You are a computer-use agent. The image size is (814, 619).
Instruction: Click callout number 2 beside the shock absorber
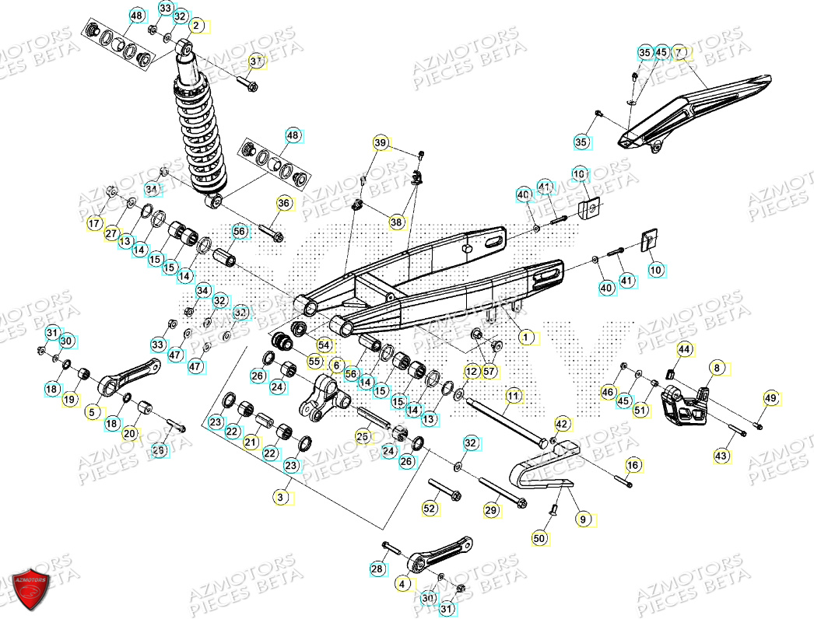point(196,26)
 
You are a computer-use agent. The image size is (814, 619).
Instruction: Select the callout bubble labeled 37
point(257,61)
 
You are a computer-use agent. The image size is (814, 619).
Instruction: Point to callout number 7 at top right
point(679,52)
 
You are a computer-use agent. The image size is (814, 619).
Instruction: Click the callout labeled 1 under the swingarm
point(527,337)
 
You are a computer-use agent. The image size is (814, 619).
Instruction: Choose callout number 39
point(380,143)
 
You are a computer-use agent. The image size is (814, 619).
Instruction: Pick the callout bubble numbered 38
point(397,222)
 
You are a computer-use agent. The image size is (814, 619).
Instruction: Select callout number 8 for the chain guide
point(717,367)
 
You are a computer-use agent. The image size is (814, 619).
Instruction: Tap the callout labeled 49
point(770,399)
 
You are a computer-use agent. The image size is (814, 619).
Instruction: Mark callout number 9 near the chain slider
point(581,517)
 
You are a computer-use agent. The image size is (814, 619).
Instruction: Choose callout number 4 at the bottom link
point(402,582)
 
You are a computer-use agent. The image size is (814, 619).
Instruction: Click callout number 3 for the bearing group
point(286,495)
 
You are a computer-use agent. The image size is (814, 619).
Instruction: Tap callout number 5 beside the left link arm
point(93,412)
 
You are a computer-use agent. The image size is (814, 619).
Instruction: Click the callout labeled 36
point(283,203)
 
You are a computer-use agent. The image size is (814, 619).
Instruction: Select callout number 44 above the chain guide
point(683,351)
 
